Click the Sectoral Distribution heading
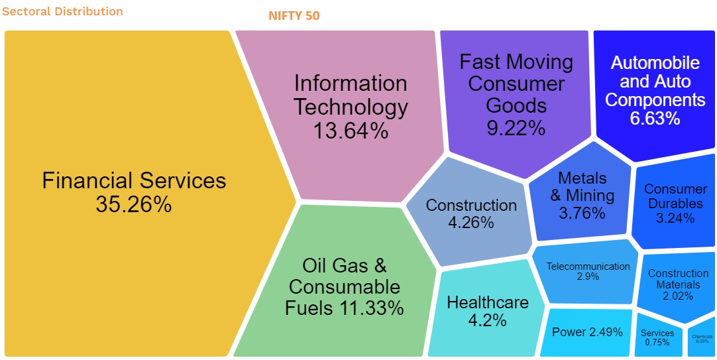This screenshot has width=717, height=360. click(62, 11)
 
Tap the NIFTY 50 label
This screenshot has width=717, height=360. click(294, 15)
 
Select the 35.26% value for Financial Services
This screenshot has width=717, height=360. click(134, 204)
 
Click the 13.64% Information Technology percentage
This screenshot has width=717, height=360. click(351, 131)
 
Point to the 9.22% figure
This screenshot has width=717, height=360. click(516, 127)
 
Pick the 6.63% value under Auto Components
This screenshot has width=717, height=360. click(655, 119)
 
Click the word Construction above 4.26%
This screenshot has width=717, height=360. click(471, 206)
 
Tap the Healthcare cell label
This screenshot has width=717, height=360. click(488, 303)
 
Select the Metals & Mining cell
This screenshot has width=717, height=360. click(582, 196)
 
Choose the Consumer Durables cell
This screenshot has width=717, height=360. click(675, 203)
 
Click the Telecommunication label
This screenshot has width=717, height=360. click(588, 267)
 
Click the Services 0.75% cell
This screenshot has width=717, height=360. click(657, 337)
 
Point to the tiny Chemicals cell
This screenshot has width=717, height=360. click(702, 339)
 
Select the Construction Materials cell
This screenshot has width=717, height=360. click(678, 284)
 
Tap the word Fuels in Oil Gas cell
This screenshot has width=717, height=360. click(309, 308)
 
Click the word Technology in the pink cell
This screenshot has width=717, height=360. click(351, 107)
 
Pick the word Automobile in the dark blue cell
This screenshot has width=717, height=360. click(655, 63)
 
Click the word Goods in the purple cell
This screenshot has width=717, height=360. click(516, 105)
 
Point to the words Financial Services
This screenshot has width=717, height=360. click(134, 180)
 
